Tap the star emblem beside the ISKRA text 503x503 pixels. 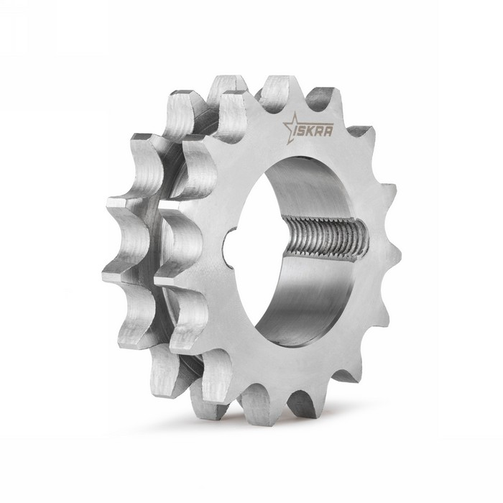click(x=290, y=127)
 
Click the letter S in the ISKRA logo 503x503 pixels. click(x=305, y=130)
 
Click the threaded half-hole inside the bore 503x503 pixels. click(x=327, y=240)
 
